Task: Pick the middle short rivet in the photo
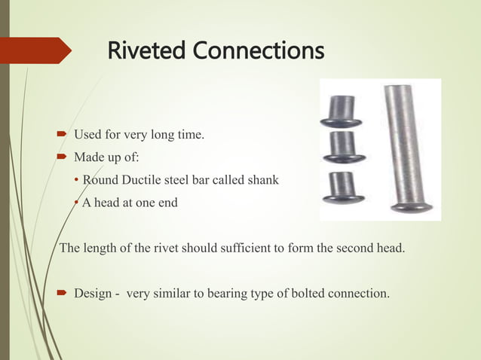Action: [x=342, y=148]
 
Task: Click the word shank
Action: [x=263, y=180]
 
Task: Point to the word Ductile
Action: [x=136, y=180]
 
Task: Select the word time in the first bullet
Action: [x=191, y=136]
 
